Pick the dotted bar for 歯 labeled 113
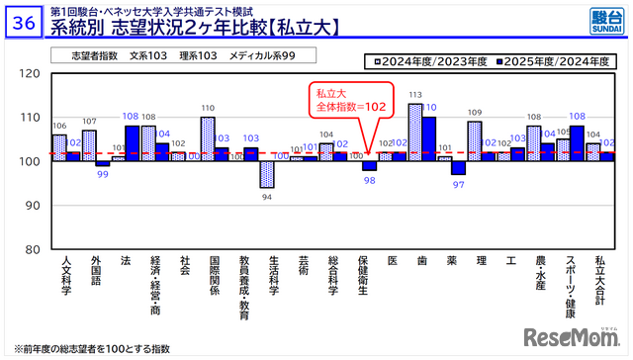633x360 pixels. point(415,132)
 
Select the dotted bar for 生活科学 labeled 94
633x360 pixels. point(267,173)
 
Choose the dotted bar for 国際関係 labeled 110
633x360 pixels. point(208,138)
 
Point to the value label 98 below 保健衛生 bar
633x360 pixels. point(370,180)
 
